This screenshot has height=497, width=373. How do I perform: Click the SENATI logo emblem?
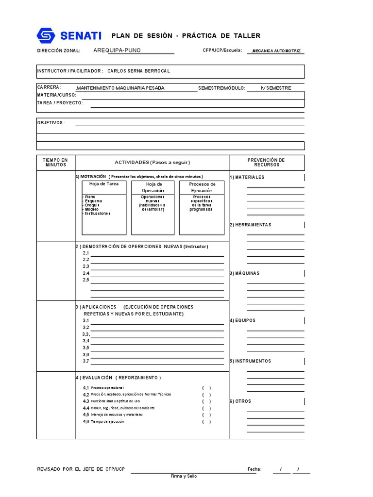[47, 35]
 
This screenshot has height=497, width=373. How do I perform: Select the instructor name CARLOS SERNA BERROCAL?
[138, 71]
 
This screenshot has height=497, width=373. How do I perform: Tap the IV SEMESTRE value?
[276, 88]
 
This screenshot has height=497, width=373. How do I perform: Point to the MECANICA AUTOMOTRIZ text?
[276, 51]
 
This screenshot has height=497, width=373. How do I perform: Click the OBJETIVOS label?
[51, 123]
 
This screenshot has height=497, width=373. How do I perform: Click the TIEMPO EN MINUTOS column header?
[55, 163]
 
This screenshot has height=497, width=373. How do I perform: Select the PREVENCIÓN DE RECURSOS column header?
[266, 163]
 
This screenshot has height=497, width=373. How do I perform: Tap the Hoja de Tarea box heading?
[103, 184]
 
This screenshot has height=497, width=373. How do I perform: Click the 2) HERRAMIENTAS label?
[250, 225]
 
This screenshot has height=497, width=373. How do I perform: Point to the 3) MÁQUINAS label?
[244, 273]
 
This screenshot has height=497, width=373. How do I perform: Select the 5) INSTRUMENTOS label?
[250, 361]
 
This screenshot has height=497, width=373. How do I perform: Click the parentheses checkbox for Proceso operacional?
[206, 388]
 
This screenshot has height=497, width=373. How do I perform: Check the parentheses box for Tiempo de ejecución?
[206, 422]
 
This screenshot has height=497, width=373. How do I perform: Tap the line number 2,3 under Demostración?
[86, 266]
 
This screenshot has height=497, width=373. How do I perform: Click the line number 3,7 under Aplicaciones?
[86, 361]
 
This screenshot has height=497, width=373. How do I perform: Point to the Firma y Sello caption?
[184, 476]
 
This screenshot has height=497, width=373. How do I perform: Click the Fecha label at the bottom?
[254, 469]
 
